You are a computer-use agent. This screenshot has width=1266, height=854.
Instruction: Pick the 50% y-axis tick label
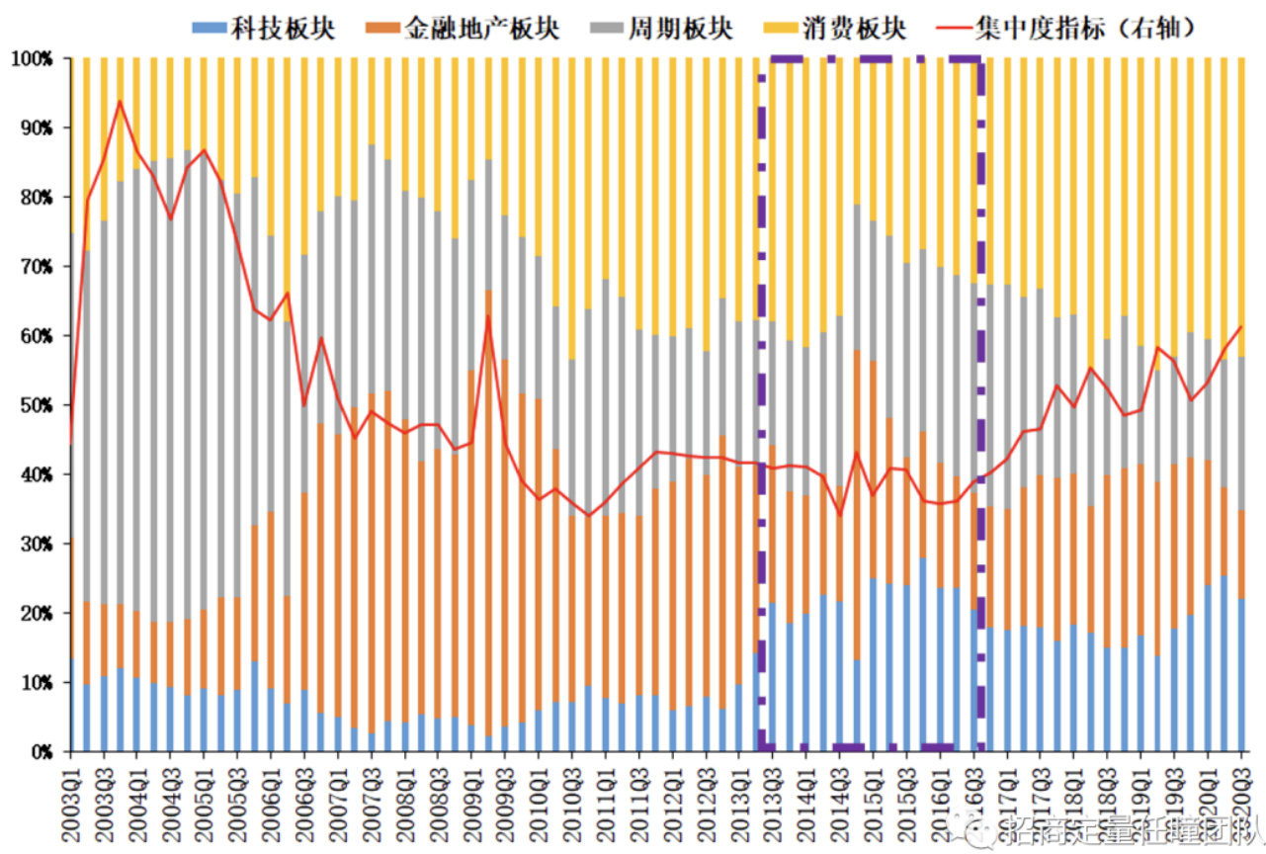(36, 406)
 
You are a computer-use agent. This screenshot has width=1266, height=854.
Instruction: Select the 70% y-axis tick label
(36, 267)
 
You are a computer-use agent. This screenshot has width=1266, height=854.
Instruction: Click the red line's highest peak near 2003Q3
(120, 101)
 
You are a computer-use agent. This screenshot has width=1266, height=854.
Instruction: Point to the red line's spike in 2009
(488, 316)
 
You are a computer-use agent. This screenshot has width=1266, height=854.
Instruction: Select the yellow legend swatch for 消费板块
(792, 28)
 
